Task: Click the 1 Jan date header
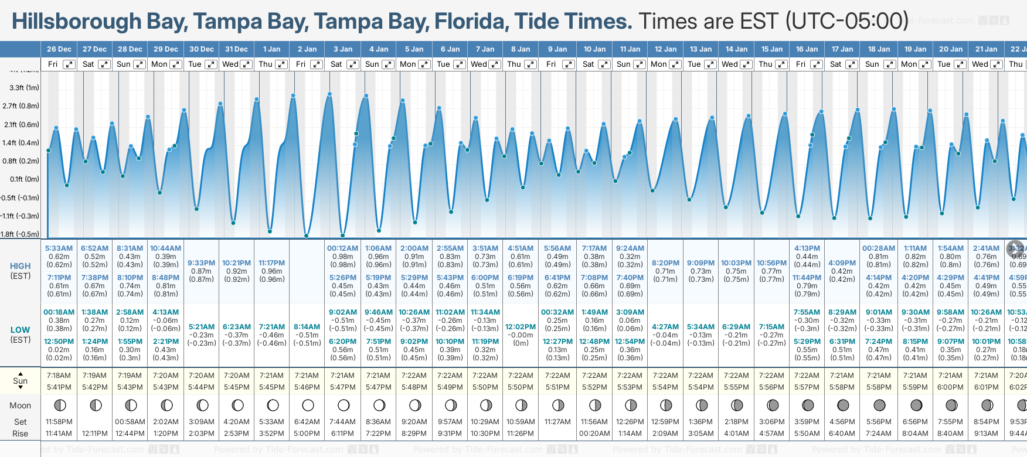(x=271, y=49)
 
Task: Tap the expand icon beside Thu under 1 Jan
(x=281, y=64)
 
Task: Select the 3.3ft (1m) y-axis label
(x=24, y=88)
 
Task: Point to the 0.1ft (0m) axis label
(x=24, y=179)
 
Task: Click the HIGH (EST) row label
(x=21, y=271)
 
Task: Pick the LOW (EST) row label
(x=21, y=335)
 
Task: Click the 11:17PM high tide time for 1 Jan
(x=271, y=263)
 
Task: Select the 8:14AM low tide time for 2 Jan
(x=307, y=327)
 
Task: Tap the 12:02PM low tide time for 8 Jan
(x=521, y=327)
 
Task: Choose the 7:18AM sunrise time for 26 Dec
(x=59, y=376)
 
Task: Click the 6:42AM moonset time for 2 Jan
(x=307, y=422)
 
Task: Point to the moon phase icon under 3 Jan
(x=344, y=405)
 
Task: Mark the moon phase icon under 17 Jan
(x=843, y=405)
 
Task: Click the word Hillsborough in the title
(x=77, y=22)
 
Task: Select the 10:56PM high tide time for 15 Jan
(x=771, y=263)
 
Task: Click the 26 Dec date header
(x=59, y=49)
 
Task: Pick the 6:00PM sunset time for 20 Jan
(x=950, y=387)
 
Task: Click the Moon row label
(x=21, y=405)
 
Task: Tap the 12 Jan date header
(x=665, y=49)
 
